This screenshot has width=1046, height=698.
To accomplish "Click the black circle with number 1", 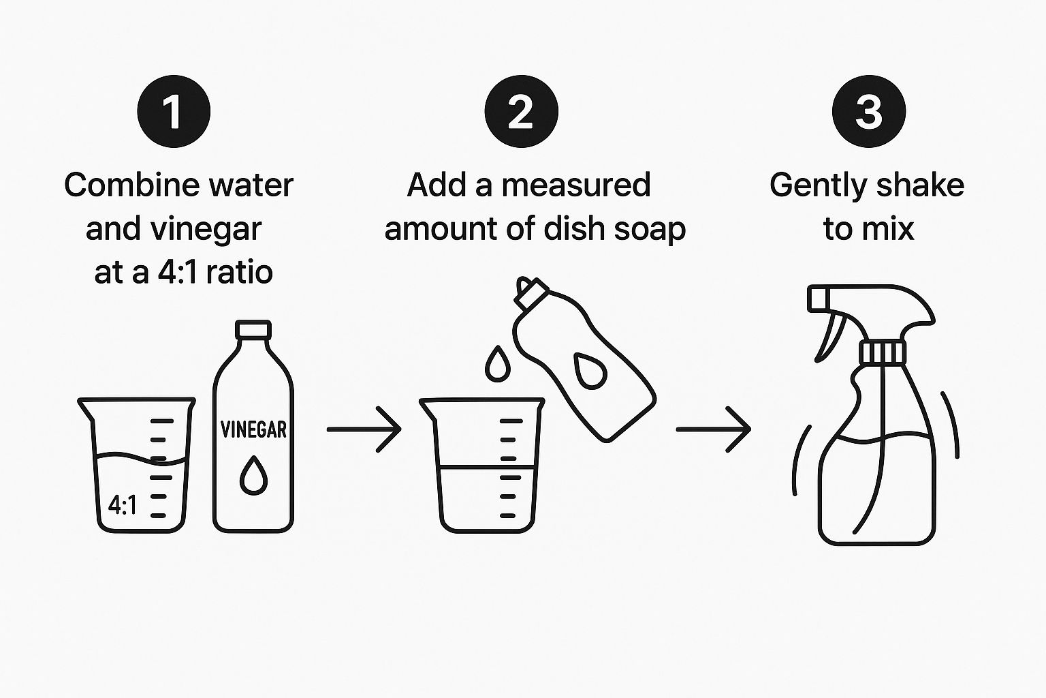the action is (174, 111).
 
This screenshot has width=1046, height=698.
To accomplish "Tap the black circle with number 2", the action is (521, 111).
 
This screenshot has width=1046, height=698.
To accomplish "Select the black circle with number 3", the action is (868, 111).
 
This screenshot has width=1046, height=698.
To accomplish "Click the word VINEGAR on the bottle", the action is (253, 429).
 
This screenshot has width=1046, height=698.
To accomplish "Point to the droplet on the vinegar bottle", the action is (253, 476).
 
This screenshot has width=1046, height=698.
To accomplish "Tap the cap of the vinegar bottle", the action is (253, 329).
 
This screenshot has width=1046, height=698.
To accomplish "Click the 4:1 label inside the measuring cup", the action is (123, 505).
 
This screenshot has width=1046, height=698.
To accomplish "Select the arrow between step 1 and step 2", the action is (364, 429).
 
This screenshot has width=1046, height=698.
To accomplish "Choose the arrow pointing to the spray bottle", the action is (714, 429).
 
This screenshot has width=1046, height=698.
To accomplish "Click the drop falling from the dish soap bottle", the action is (498, 364).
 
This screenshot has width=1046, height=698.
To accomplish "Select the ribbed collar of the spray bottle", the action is (882, 352).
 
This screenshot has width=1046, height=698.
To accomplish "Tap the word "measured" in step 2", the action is (575, 185).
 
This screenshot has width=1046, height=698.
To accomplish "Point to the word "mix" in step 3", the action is (891, 229).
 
